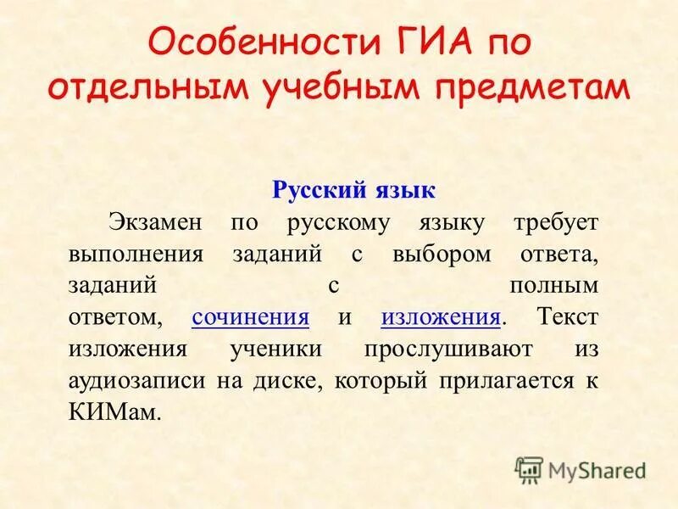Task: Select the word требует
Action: [x=556, y=222]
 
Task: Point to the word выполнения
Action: [x=136, y=255]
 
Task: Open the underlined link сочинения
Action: [x=250, y=317]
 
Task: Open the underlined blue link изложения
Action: [x=440, y=317]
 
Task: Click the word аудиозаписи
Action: [x=136, y=380]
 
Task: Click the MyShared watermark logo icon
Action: [x=529, y=469]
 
